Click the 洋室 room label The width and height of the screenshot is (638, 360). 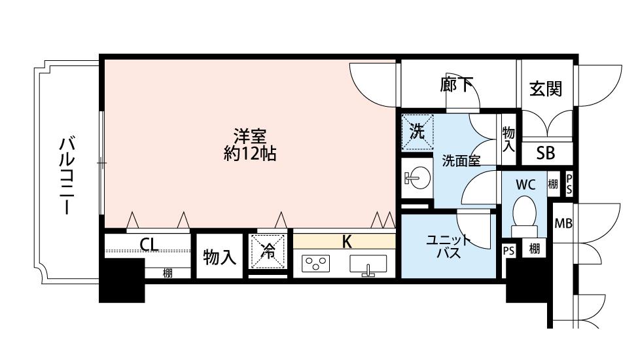249,137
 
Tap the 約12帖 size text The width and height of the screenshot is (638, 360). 249,154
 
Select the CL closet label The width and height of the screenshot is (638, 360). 149,245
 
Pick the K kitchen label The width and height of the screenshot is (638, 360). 347,241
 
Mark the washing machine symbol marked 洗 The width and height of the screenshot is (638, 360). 417,131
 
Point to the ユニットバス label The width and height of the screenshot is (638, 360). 448,247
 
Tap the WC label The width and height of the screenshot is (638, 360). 525,184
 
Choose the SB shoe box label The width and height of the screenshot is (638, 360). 545,153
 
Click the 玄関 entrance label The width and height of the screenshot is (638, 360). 545,88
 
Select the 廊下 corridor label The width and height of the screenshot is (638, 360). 457,84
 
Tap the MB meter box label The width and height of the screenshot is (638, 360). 563,223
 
